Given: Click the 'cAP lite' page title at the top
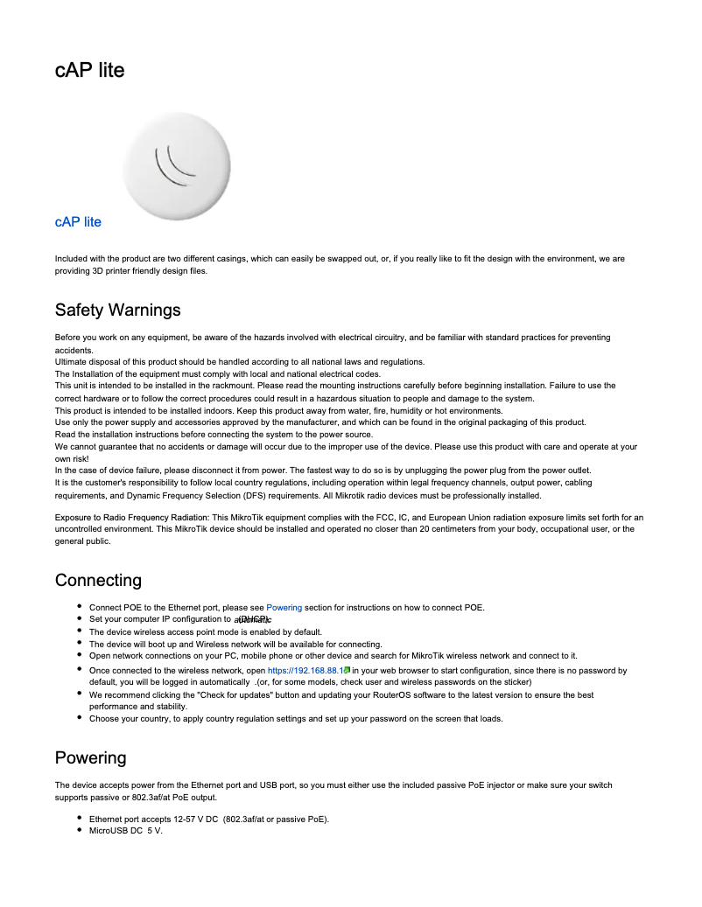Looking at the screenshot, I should click(89, 70).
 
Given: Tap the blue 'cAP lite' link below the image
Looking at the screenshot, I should click(78, 222).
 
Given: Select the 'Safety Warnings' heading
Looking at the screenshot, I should click(117, 310).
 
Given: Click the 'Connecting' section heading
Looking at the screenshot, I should click(98, 581).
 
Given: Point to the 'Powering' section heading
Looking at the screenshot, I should click(90, 757).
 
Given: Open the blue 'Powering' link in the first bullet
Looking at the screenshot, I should click(284, 608).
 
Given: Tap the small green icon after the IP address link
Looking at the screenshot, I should click(347, 671).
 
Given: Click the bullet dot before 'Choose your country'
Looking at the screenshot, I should click(80, 718).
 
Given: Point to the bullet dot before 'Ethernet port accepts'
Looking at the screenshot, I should click(80, 819).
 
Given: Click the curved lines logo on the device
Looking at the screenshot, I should click(172, 165).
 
